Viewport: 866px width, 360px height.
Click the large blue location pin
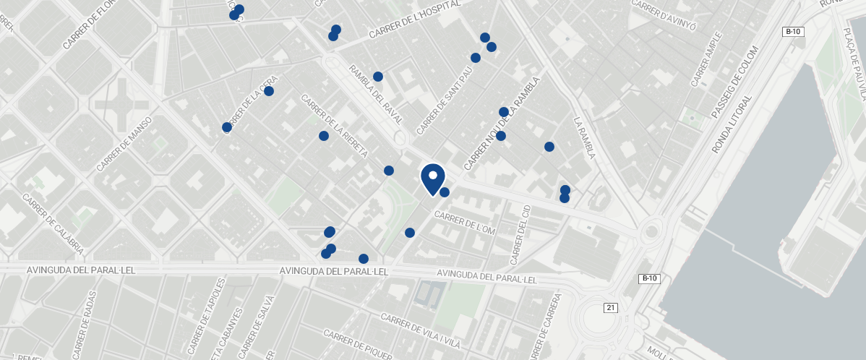click(432, 177)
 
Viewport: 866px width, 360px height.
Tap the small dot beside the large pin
click(445, 192)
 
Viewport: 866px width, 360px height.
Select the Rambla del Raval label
click(375, 95)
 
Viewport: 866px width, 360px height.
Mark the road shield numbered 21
click(611, 308)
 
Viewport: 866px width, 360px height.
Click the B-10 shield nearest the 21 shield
click(649, 278)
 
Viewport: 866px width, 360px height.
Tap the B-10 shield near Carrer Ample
click(793, 31)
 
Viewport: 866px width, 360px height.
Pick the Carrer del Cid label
click(520, 234)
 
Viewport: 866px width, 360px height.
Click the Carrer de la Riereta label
click(335, 127)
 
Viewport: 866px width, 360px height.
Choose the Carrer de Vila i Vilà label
click(421, 331)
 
